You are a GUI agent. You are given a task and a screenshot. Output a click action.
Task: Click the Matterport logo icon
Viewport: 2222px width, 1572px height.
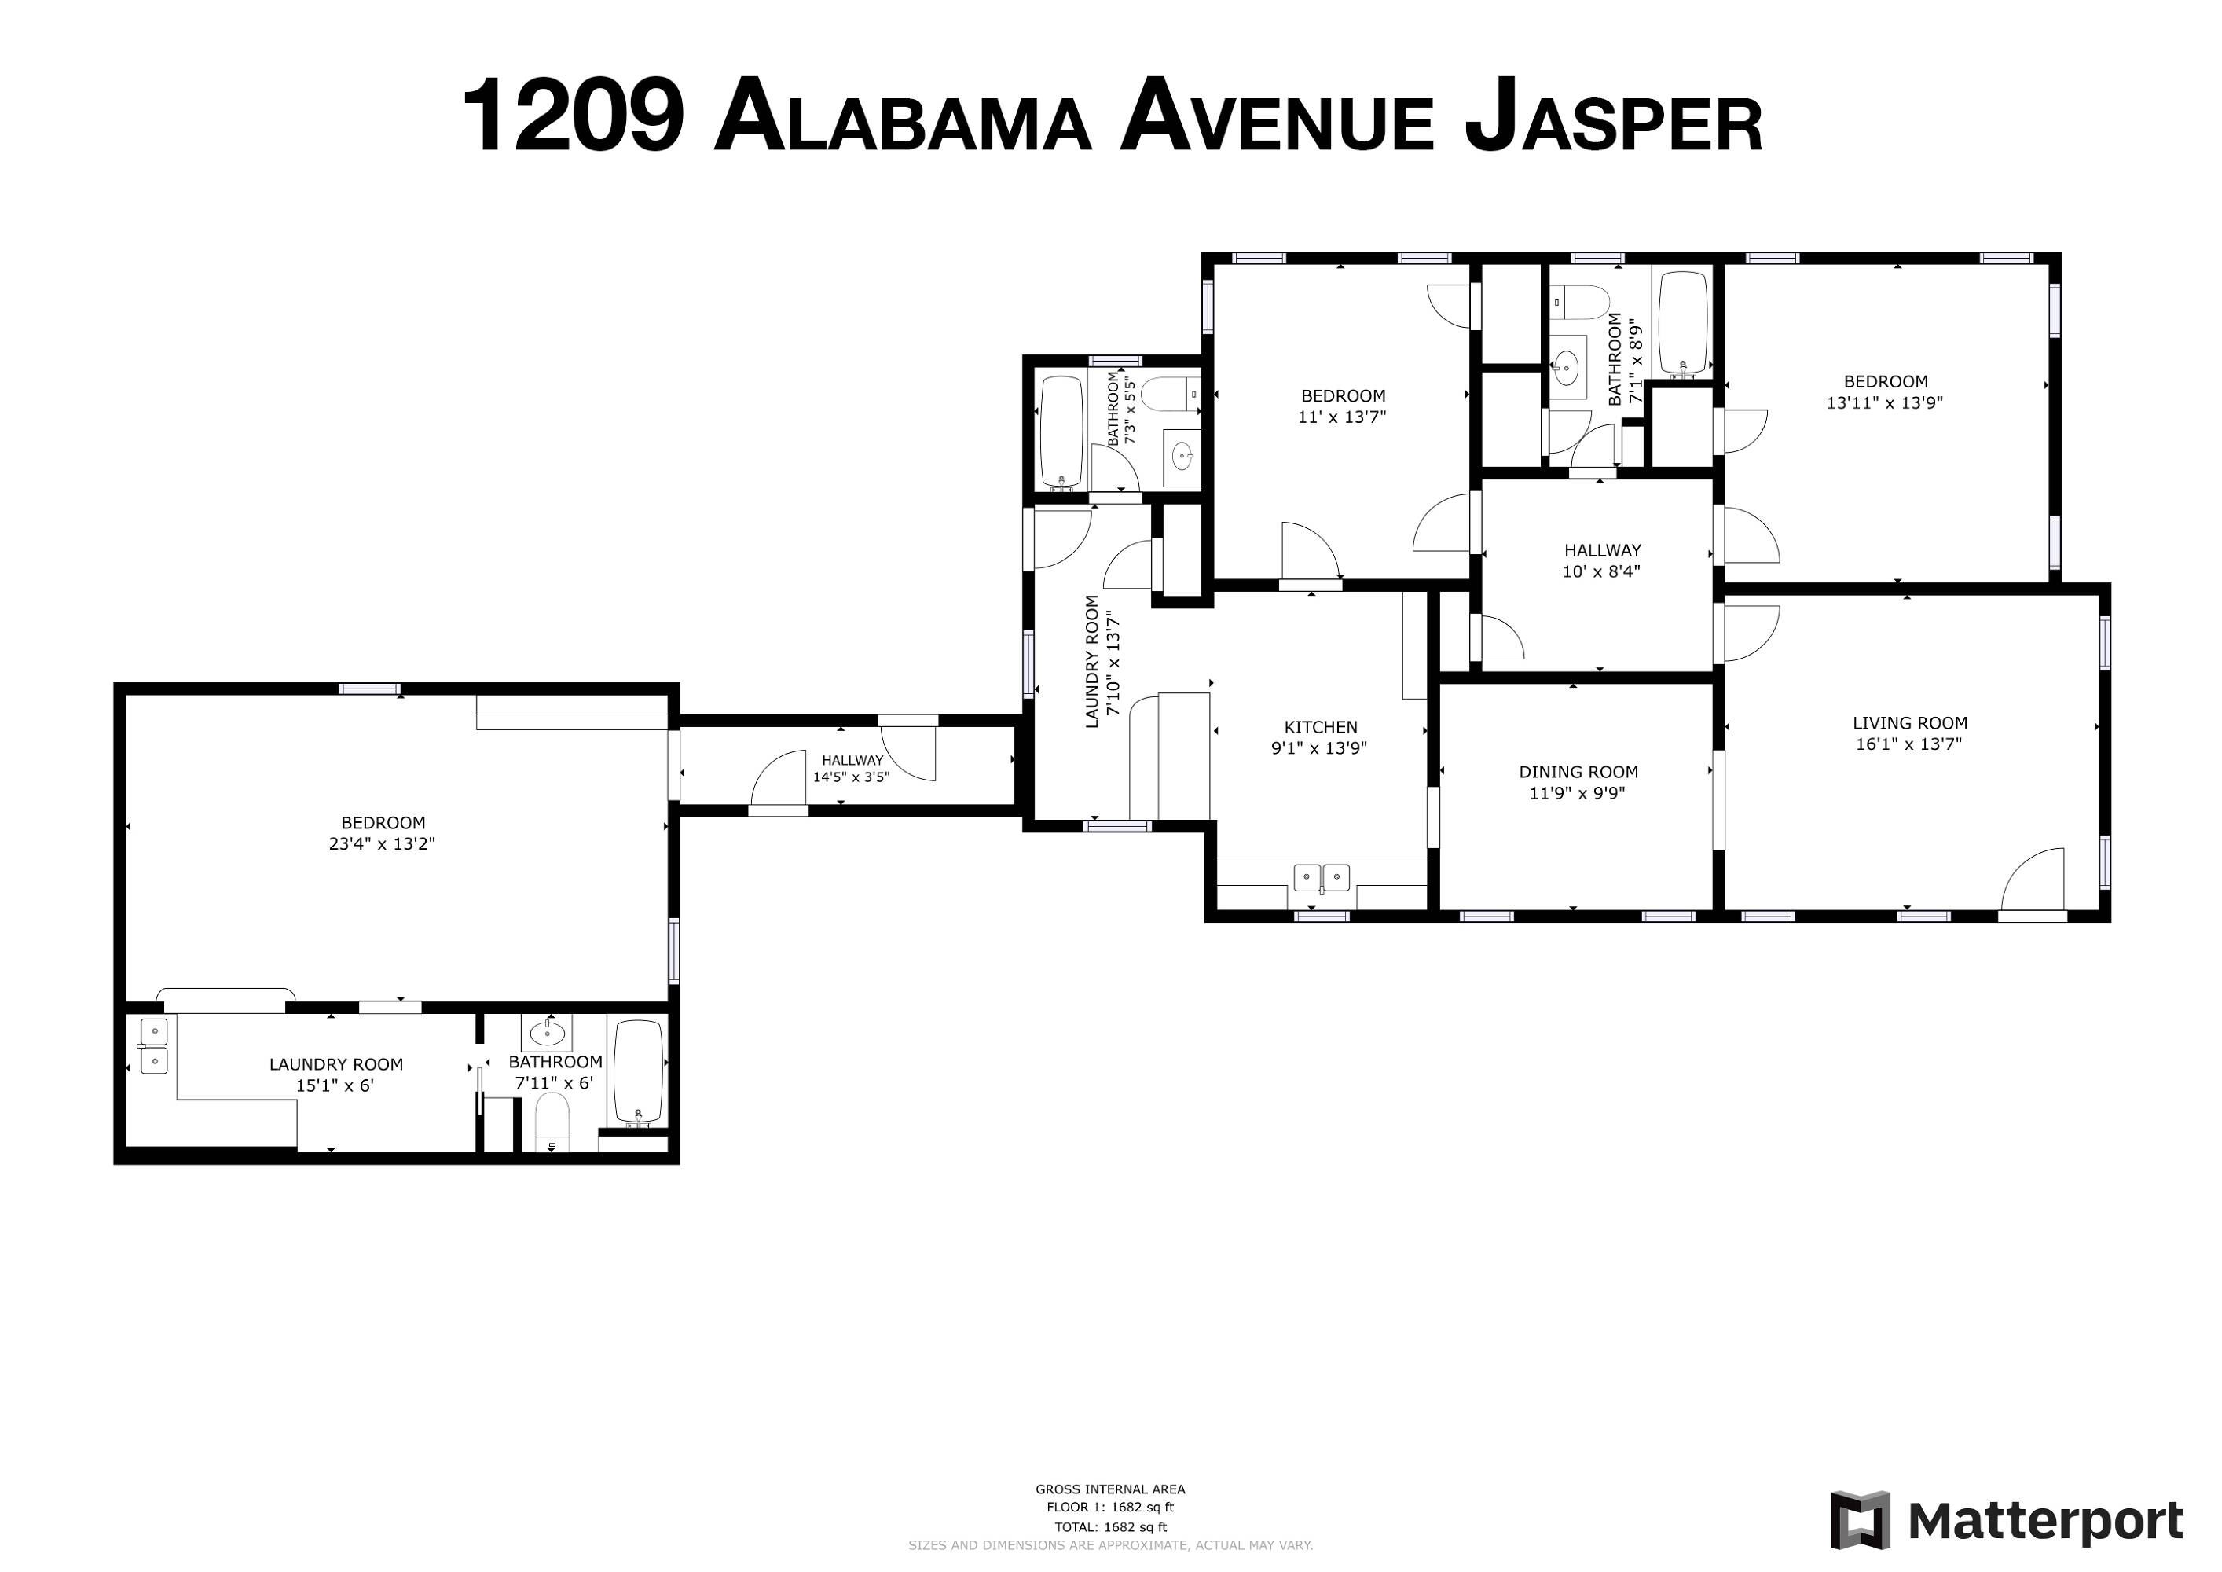click(x=1860, y=1519)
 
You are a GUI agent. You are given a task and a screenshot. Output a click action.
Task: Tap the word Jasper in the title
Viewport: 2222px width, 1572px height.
click(x=1613, y=119)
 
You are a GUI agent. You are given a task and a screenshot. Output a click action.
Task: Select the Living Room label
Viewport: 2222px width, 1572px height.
click(x=1909, y=723)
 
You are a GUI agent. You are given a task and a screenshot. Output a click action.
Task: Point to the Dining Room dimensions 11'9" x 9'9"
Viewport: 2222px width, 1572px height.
click(x=1578, y=794)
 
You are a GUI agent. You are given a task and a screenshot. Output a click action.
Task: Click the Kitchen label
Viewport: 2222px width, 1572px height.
click(x=1320, y=727)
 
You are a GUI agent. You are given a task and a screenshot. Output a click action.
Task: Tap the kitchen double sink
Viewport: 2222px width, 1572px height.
click(x=1322, y=878)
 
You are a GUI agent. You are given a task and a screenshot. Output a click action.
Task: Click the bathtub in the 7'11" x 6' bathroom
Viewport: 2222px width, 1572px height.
click(x=639, y=1071)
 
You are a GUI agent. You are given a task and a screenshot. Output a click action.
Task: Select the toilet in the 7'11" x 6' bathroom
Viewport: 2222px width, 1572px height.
click(x=552, y=1123)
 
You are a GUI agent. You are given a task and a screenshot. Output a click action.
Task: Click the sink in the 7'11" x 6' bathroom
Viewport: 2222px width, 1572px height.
click(x=547, y=1032)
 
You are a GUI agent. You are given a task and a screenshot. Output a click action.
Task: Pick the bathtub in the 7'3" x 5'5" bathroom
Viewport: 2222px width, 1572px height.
click(x=1061, y=432)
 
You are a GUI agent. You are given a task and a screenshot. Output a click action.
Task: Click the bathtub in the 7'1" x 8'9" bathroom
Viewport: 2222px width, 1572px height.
click(x=1683, y=322)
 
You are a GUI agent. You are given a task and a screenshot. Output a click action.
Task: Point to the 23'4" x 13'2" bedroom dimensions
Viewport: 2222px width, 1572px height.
click(x=383, y=844)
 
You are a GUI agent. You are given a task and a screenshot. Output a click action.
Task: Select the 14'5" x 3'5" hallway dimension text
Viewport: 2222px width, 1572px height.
click(x=851, y=777)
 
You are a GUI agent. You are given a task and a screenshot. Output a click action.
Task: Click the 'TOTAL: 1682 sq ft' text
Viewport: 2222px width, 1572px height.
click(x=1110, y=1527)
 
